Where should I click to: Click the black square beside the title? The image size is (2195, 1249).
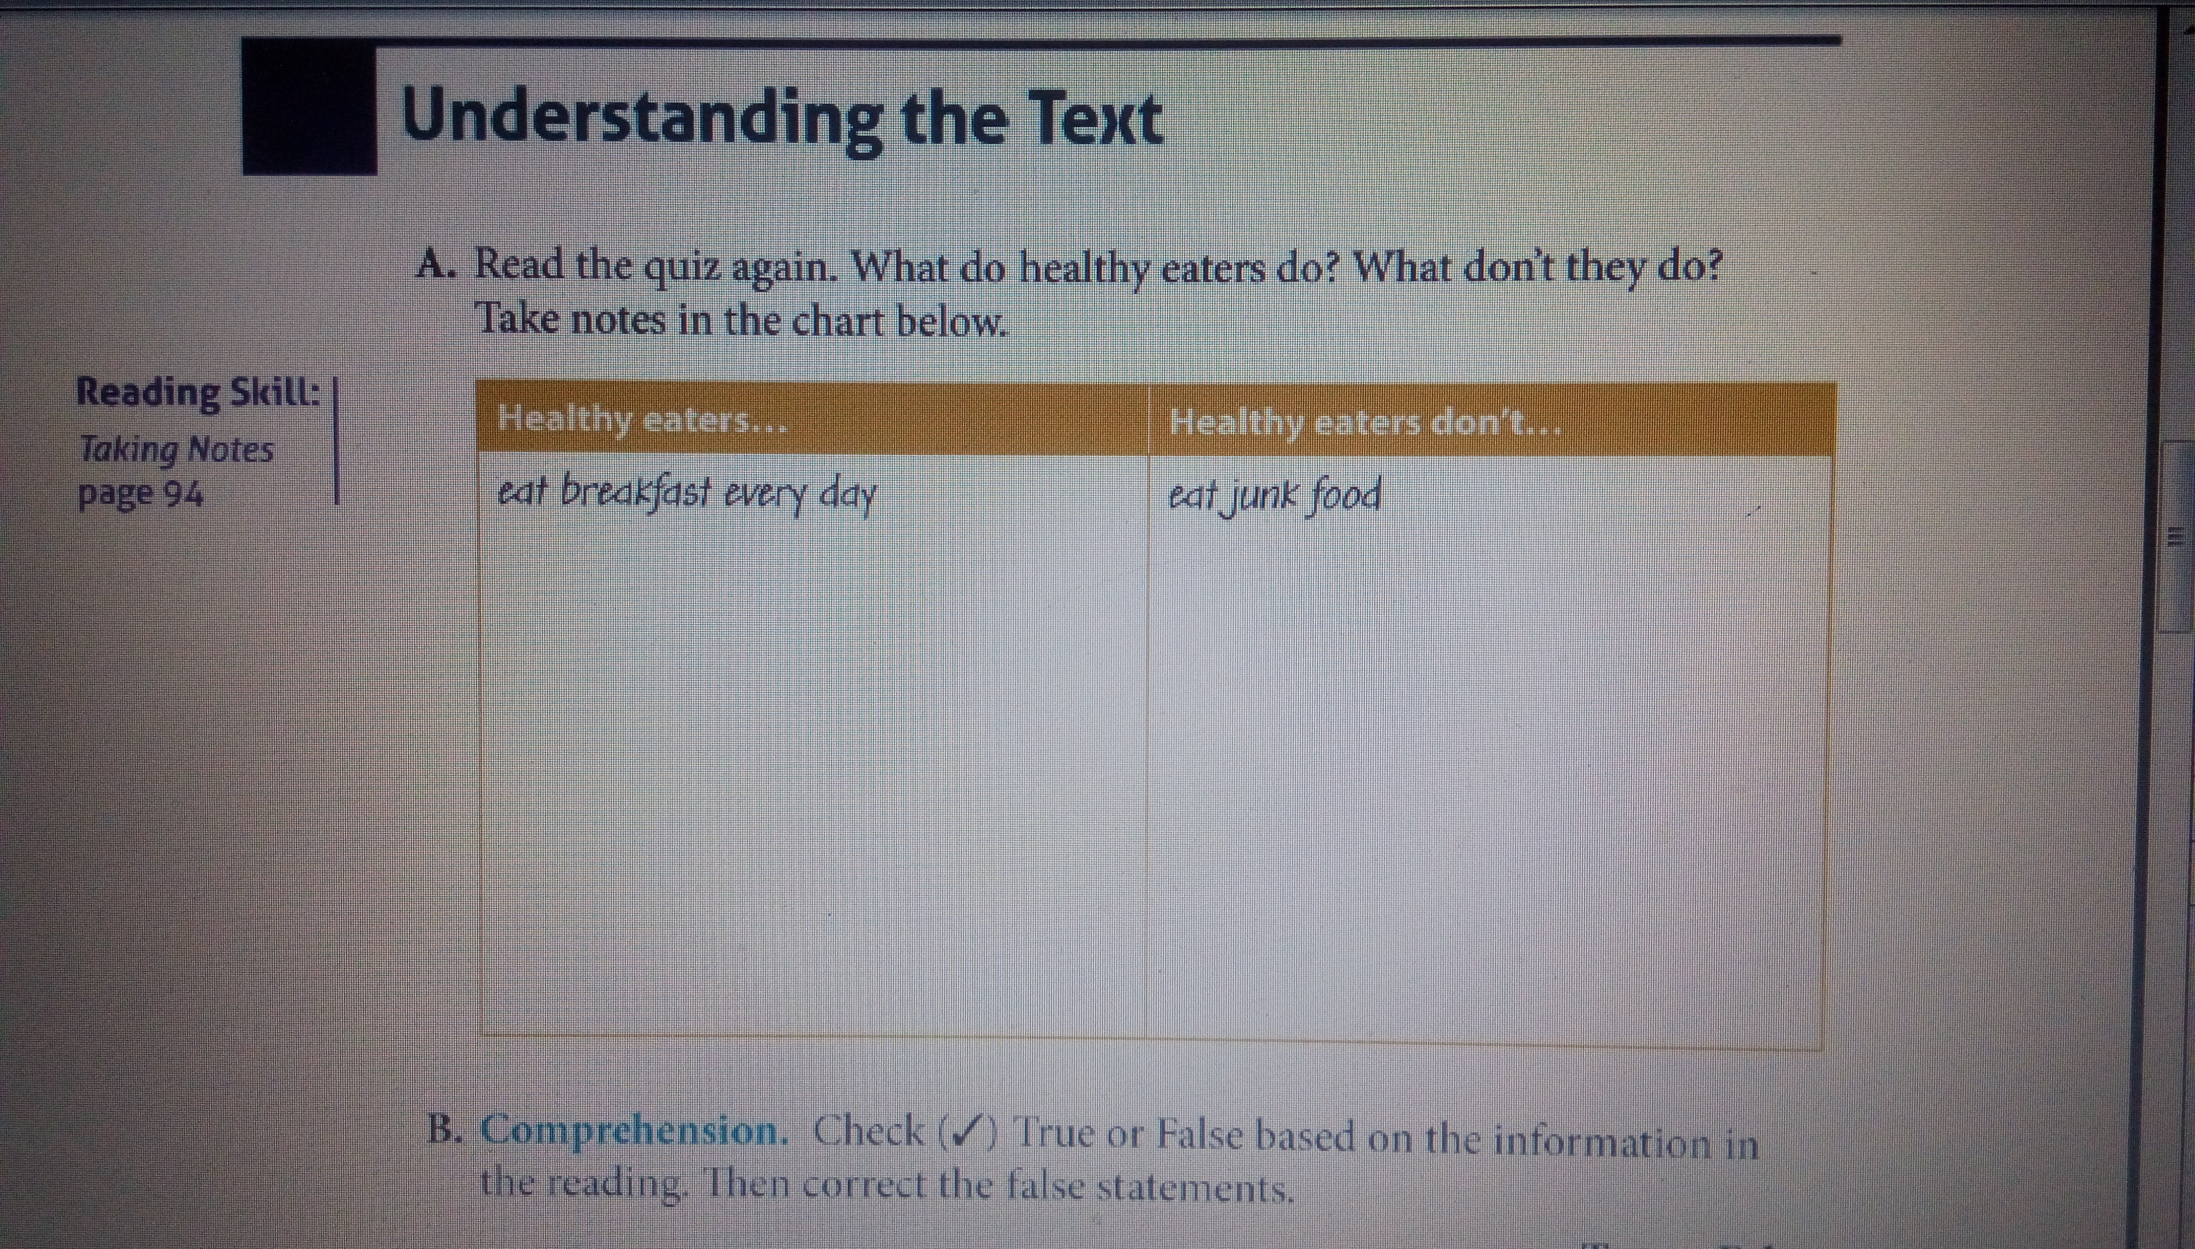[x=309, y=107]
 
